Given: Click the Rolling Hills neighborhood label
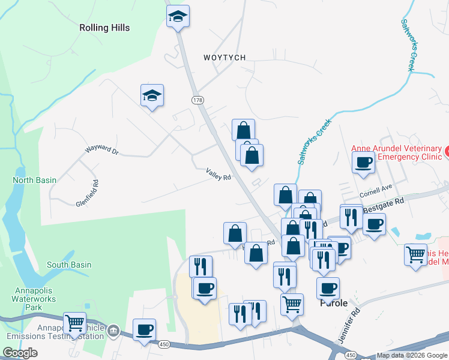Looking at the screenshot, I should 104,28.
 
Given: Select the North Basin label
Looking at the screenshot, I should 35,180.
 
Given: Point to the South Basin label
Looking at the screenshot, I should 69,265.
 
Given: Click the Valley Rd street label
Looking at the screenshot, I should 218,174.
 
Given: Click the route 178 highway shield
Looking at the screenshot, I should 197,100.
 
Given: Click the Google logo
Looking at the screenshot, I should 20,353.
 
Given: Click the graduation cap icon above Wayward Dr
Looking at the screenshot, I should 152,95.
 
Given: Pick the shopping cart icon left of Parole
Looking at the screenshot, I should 292,304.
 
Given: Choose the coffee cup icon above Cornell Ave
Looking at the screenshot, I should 363,162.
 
